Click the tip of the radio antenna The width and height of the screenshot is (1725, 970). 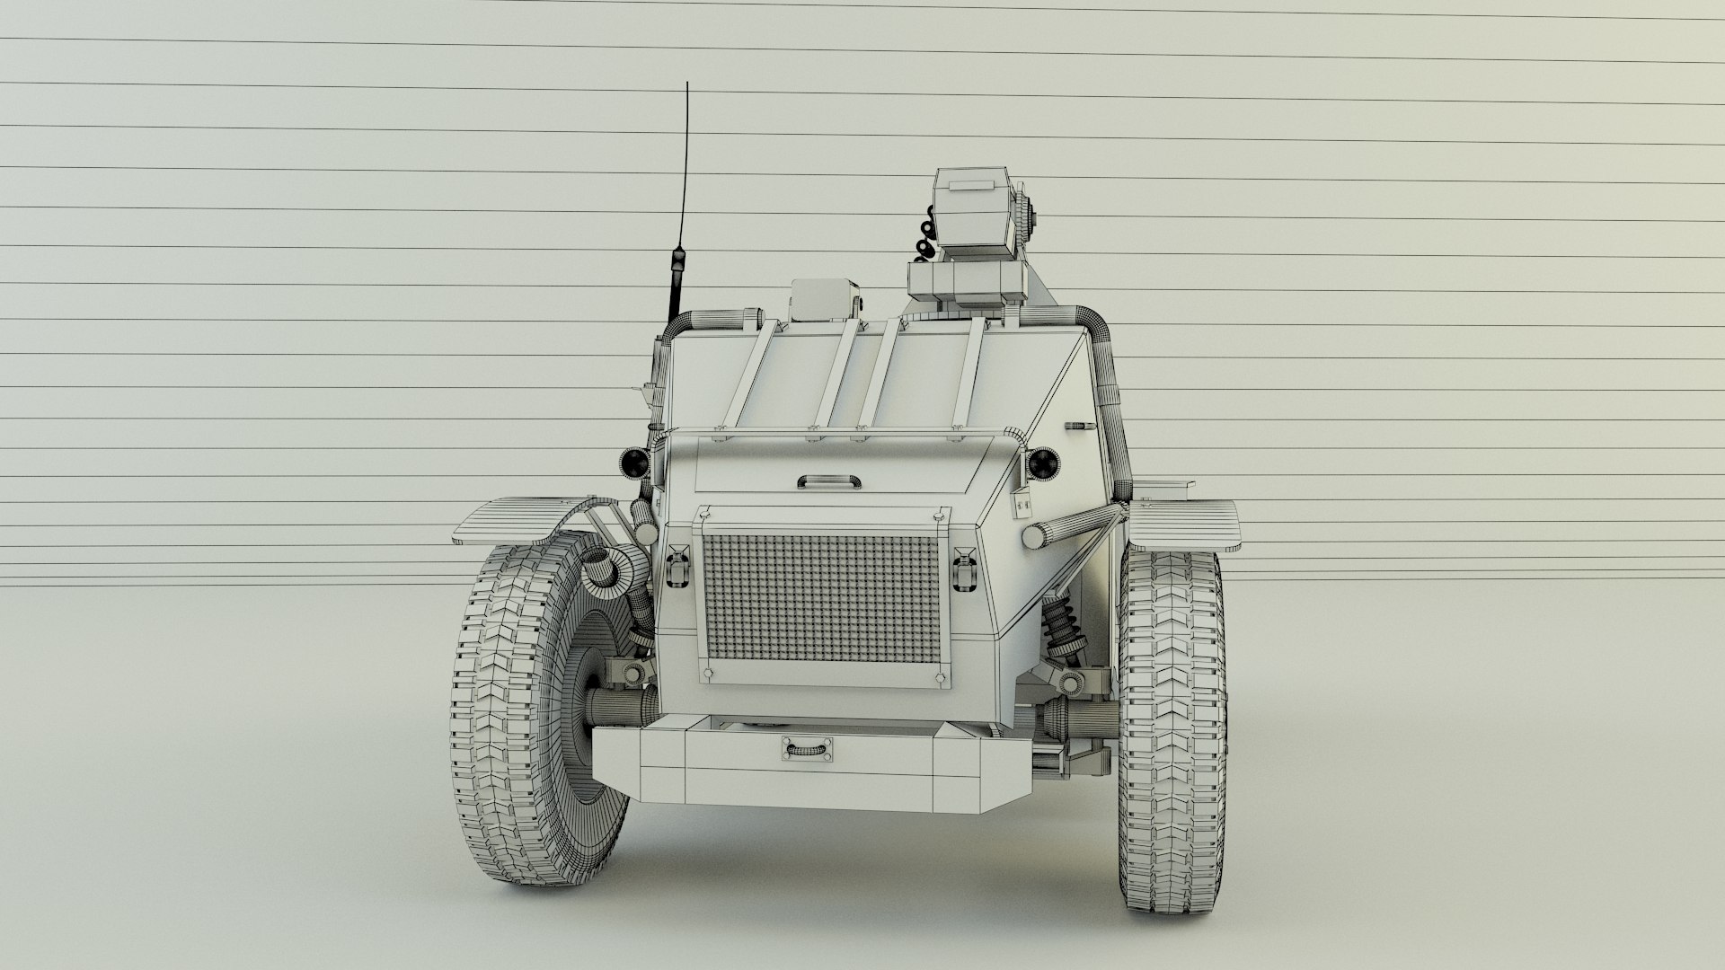point(687,84)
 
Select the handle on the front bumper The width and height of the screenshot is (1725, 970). point(806,747)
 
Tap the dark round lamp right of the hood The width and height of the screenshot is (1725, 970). point(1043,463)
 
